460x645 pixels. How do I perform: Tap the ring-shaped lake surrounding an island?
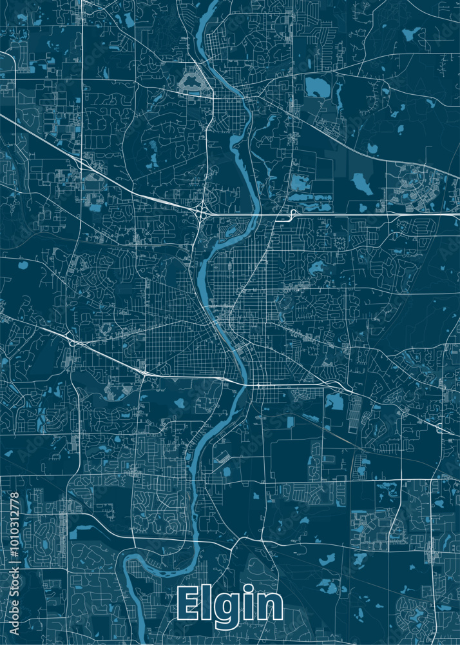tap(192, 83)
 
